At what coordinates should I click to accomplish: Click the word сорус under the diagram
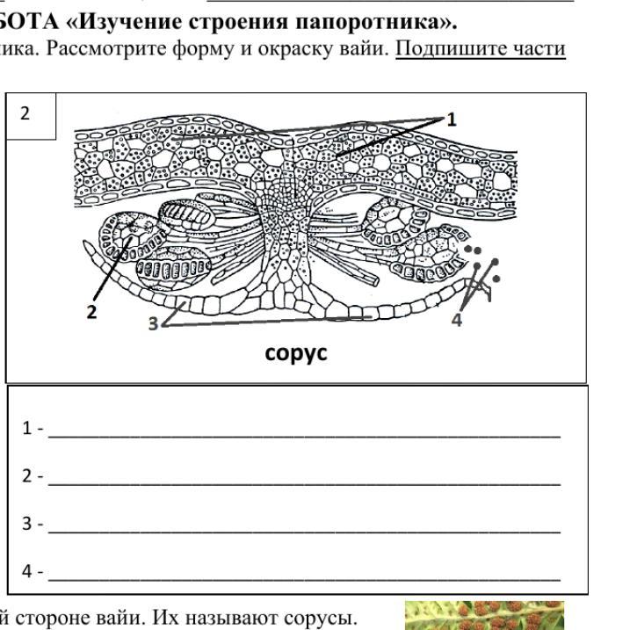click(296, 352)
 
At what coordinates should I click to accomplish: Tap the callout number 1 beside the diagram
click(453, 120)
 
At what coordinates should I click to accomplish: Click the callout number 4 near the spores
click(456, 320)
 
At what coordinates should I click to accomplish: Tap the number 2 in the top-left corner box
click(25, 113)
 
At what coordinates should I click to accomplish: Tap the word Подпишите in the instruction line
click(438, 47)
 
